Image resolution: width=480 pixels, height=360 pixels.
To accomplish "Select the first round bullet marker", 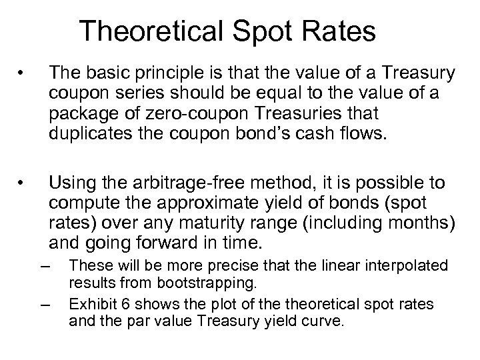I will (x=23, y=71).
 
